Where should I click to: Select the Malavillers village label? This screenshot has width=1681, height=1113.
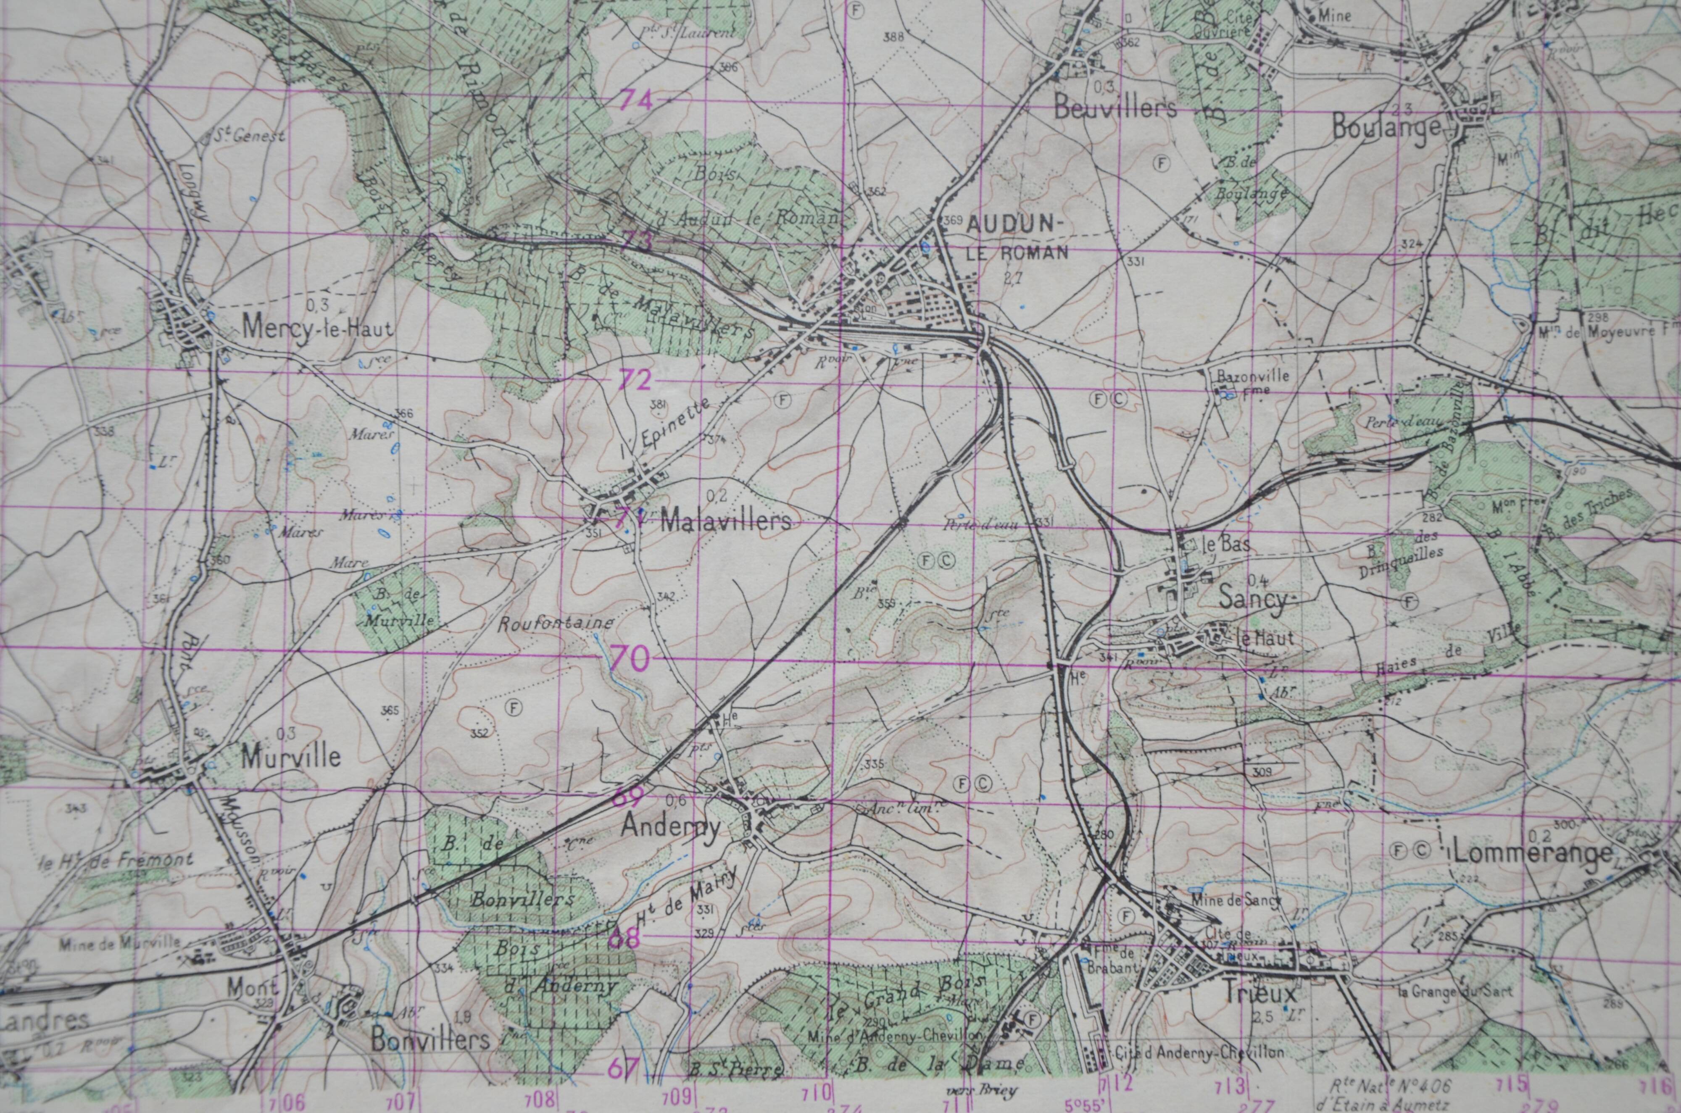click(x=725, y=522)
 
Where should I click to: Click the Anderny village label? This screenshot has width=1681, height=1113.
click(x=671, y=826)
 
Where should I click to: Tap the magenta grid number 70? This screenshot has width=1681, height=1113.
click(x=629, y=659)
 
